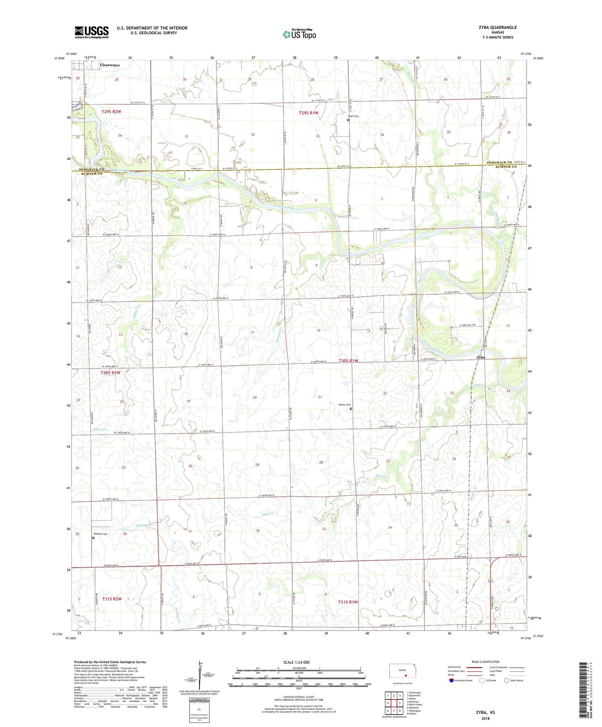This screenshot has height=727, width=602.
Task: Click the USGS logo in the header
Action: [x=92, y=32]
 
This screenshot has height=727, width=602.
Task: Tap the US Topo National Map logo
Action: [x=299, y=34]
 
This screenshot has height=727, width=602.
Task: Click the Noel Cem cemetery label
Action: [x=353, y=116]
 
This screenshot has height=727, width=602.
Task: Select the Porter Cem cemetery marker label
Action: [x=345, y=405]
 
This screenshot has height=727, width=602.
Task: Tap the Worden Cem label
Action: [x=100, y=534]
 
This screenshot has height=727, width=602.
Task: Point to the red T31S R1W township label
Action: [x=348, y=602]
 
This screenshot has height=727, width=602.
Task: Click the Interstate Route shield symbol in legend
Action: [x=452, y=680]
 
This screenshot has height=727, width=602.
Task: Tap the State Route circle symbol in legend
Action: [x=506, y=680]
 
